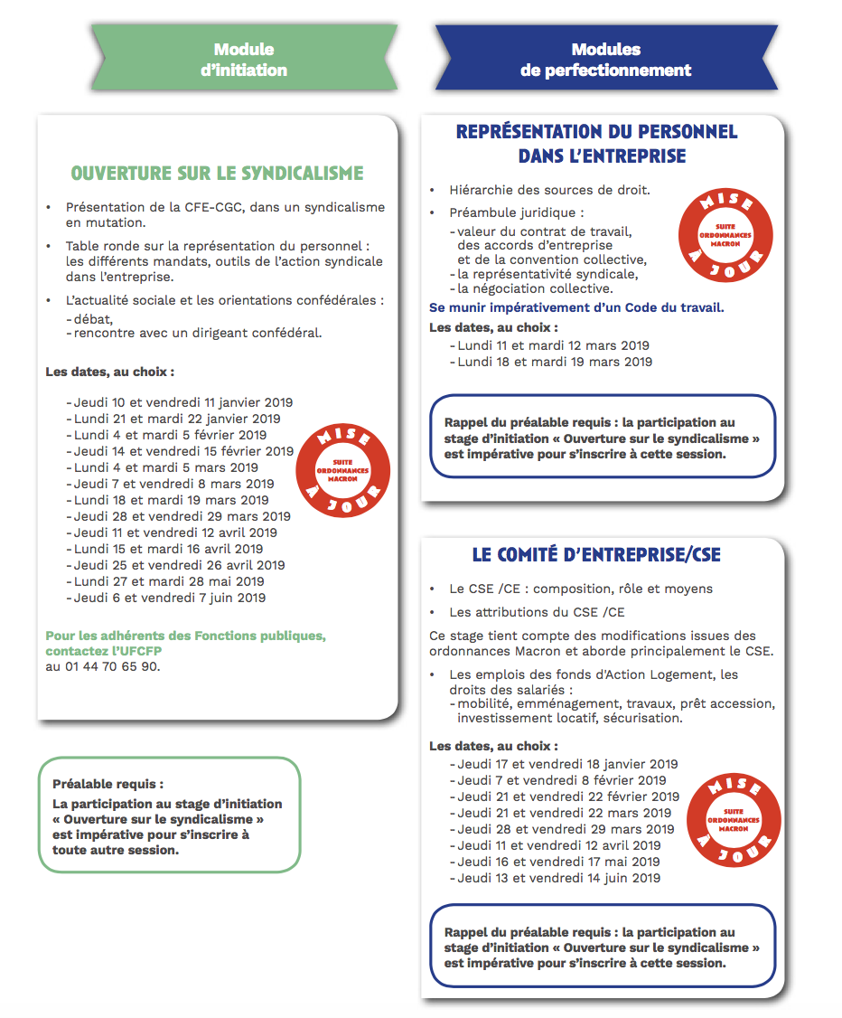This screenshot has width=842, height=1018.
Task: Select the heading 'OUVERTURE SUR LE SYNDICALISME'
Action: point(217,174)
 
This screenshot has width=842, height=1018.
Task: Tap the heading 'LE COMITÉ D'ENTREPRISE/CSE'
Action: point(596,554)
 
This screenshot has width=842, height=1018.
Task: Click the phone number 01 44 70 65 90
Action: point(102,666)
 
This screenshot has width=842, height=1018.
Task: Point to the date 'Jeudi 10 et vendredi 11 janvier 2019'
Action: point(183,402)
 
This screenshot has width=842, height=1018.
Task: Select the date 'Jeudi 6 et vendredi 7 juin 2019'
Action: point(170,598)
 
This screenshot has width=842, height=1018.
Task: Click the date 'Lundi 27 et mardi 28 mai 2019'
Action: point(169,581)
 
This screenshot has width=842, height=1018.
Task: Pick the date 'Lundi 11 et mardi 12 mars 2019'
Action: point(553,345)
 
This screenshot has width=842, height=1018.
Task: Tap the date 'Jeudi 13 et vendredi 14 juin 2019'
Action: point(558,878)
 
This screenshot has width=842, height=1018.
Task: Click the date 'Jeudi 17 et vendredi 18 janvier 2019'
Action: point(567,764)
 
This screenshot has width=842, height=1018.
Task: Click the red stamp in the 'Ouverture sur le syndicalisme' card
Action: point(342,471)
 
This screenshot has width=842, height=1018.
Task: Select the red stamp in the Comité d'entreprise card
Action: point(733,821)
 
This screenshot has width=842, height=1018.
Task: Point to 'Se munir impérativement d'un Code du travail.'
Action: point(576,307)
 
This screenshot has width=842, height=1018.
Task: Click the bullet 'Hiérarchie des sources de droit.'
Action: point(549,190)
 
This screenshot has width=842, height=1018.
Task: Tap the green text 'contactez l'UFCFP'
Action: point(104,651)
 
